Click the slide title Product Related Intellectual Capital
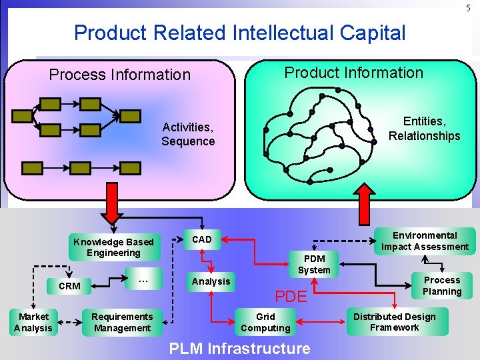(239, 33)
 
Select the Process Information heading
(120, 75)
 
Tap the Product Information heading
(353, 73)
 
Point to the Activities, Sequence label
(188, 134)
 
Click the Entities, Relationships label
(424, 129)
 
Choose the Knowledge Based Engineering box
(113, 247)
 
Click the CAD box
(202, 239)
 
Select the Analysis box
(211, 281)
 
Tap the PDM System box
(314, 264)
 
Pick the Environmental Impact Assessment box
(425, 241)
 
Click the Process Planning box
(442, 285)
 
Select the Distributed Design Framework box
(394, 322)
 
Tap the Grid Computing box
(265, 322)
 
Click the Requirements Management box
(122, 322)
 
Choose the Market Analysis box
(33, 322)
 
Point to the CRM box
(69, 286)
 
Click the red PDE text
(291, 295)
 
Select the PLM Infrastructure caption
(239, 348)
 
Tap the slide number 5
(469, 8)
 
